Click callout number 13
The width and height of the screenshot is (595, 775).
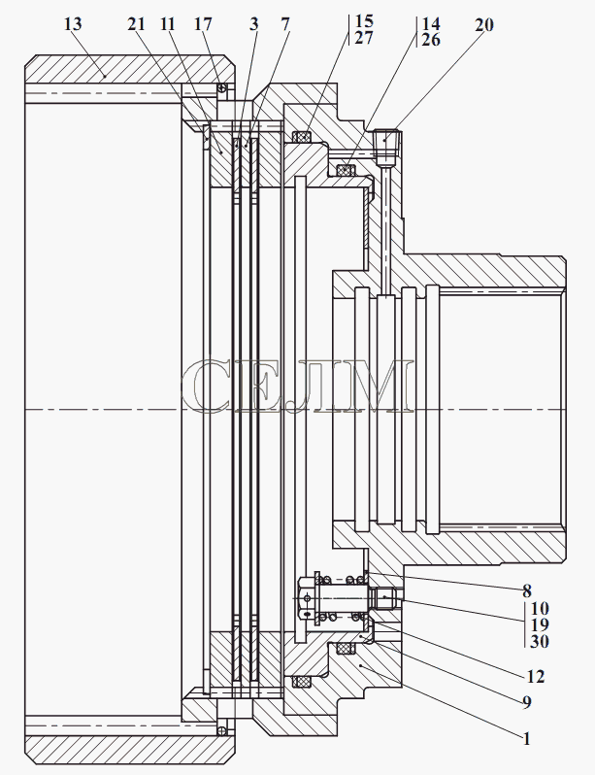(x=73, y=23)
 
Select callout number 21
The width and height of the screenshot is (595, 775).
(x=136, y=23)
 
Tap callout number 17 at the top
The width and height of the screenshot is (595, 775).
(x=203, y=23)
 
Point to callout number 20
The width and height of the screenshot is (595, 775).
(x=484, y=24)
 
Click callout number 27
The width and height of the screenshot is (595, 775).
(x=364, y=38)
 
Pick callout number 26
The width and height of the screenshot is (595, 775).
(x=431, y=40)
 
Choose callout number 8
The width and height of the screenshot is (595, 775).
(x=527, y=590)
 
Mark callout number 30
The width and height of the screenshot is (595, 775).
(x=540, y=641)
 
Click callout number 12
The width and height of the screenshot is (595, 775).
(x=536, y=676)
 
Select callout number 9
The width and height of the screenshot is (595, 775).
(x=527, y=702)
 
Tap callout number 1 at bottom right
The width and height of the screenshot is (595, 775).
(x=527, y=738)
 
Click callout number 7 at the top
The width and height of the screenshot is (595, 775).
(x=285, y=23)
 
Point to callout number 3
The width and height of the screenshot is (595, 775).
(x=254, y=23)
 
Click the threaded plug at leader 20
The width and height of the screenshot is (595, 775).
(x=386, y=148)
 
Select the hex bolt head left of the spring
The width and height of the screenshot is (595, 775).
(x=306, y=599)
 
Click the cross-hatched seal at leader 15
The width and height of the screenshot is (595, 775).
(x=302, y=136)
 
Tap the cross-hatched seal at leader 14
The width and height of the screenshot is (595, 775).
(x=346, y=170)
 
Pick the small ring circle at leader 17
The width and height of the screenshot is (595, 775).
(x=223, y=88)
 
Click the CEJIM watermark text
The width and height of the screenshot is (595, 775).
(x=297, y=386)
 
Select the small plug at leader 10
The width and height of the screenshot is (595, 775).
(x=384, y=598)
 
